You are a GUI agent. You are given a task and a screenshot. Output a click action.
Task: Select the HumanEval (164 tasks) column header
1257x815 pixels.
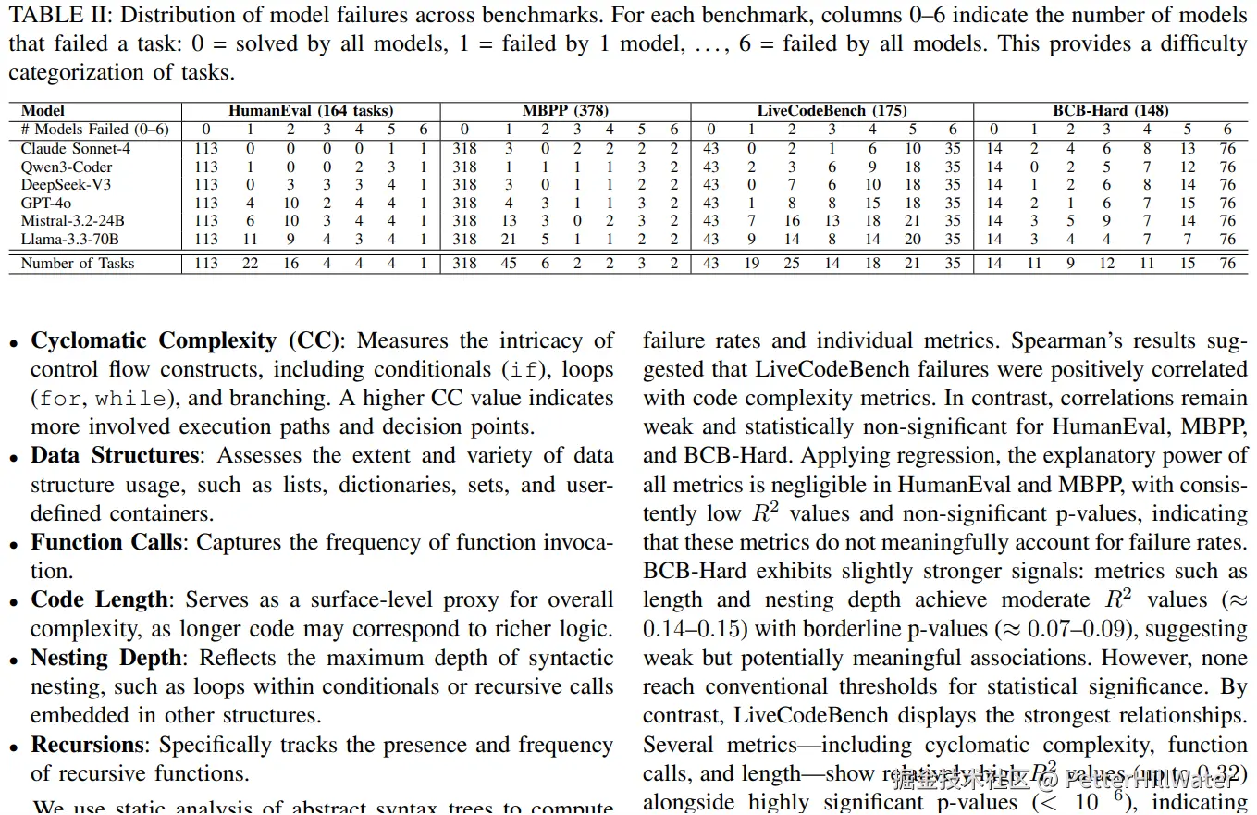point(311,110)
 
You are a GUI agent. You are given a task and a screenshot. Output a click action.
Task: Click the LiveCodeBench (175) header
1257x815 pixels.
point(832,110)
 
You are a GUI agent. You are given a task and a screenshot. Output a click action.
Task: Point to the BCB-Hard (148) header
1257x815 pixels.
point(1110,110)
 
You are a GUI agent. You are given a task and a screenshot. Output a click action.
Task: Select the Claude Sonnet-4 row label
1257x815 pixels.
point(69,148)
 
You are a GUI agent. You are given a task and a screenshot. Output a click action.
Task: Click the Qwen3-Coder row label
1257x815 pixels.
point(67,167)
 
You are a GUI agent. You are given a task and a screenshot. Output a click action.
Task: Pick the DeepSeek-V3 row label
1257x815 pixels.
point(67,184)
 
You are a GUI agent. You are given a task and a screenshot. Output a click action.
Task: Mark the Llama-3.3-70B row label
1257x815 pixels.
point(69,239)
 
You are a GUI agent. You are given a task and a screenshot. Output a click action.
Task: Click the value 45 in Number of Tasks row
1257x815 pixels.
point(508,263)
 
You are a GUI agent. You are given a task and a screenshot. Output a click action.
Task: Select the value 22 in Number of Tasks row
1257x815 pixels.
point(250,263)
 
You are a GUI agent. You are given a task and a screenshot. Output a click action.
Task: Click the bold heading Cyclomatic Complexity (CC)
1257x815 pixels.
point(181,340)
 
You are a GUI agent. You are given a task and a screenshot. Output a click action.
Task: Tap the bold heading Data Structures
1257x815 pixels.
point(115,455)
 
